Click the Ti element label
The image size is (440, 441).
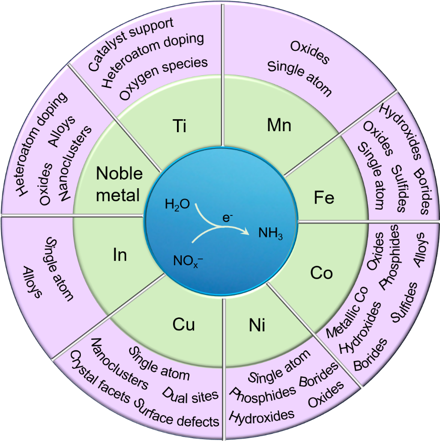[x=179, y=127]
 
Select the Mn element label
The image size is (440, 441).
[x=279, y=125]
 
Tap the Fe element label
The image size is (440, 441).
[x=324, y=198]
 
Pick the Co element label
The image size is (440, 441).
[x=321, y=273]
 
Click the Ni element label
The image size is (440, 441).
[x=257, y=326]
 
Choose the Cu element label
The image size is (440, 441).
[x=184, y=325]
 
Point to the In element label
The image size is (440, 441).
[x=120, y=255]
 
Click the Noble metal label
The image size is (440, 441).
[x=119, y=184]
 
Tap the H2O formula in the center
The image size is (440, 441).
[x=177, y=205]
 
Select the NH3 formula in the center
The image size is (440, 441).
[x=271, y=234]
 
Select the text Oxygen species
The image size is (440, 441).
[x=164, y=79]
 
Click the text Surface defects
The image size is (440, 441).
[x=177, y=413]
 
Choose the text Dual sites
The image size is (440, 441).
[x=190, y=394]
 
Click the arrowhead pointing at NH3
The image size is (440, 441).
[x=246, y=232]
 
